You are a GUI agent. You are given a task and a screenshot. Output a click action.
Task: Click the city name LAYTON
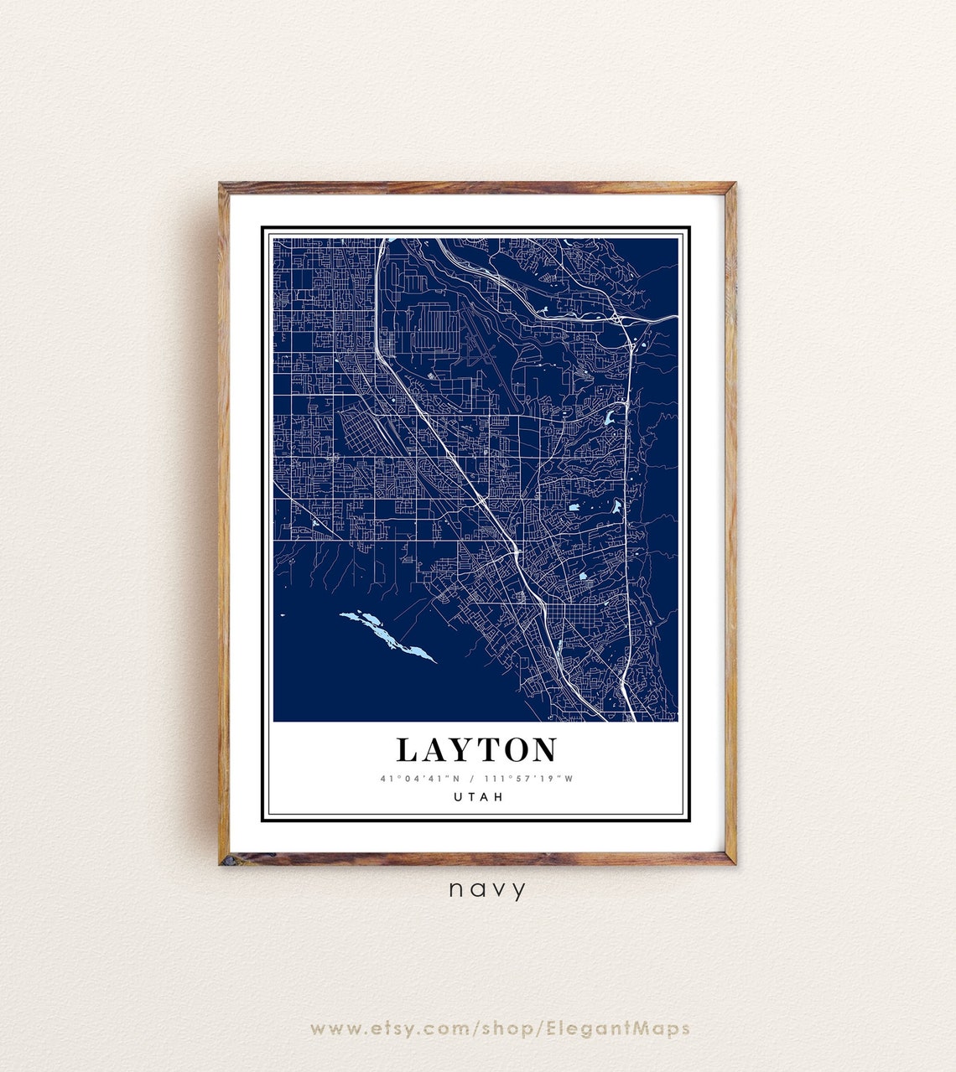476,750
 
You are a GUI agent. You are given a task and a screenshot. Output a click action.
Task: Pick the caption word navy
487,889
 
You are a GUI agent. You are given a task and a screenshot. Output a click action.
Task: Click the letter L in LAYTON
407,750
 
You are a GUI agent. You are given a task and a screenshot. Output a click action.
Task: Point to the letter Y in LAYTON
460,750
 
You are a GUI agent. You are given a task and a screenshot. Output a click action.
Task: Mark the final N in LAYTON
543,750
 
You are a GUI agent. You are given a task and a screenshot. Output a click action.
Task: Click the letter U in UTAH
458,797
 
